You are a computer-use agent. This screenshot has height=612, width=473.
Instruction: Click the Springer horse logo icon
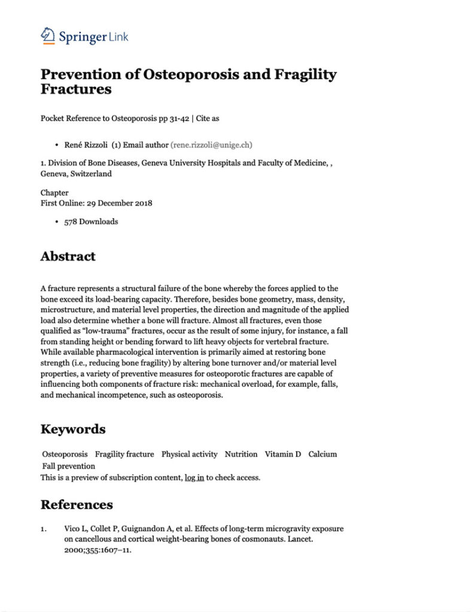pyautogui.click(x=48, y=36)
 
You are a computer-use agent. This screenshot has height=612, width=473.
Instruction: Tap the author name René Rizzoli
pyautogui.click(x=87, y=145)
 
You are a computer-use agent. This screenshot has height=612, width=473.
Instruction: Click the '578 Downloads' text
pyautogui.click(x=91, y=222)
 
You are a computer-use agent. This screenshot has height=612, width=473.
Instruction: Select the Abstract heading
pyautogui.click(x=68, y=256)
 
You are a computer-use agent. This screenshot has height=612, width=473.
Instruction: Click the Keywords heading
pyautogui.click(x=73, y=429)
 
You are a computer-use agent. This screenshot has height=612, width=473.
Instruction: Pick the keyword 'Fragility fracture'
pyautogui.click(x=124, y=454)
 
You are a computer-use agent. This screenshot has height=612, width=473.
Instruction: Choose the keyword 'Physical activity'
pyautogui.click(x=190, y=454)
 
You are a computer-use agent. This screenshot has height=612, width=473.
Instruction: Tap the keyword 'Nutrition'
pyautogui.click(x=241, y=454)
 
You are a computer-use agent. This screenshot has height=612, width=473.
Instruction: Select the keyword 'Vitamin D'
pyautogui.click(x=283, y=454)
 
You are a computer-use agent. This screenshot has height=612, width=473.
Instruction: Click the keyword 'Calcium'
pyautogui.click(x=322, y=454)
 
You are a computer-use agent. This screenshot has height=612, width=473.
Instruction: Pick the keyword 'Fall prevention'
pyautogui.click(x=68, y=466)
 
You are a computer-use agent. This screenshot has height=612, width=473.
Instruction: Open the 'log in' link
pyautogui.click(x=194, y=478)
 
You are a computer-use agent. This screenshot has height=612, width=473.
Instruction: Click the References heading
pyautogui.click(x=77, y=504)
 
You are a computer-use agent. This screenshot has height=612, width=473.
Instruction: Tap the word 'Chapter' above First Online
pyautogui.click(x=54, y=193)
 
